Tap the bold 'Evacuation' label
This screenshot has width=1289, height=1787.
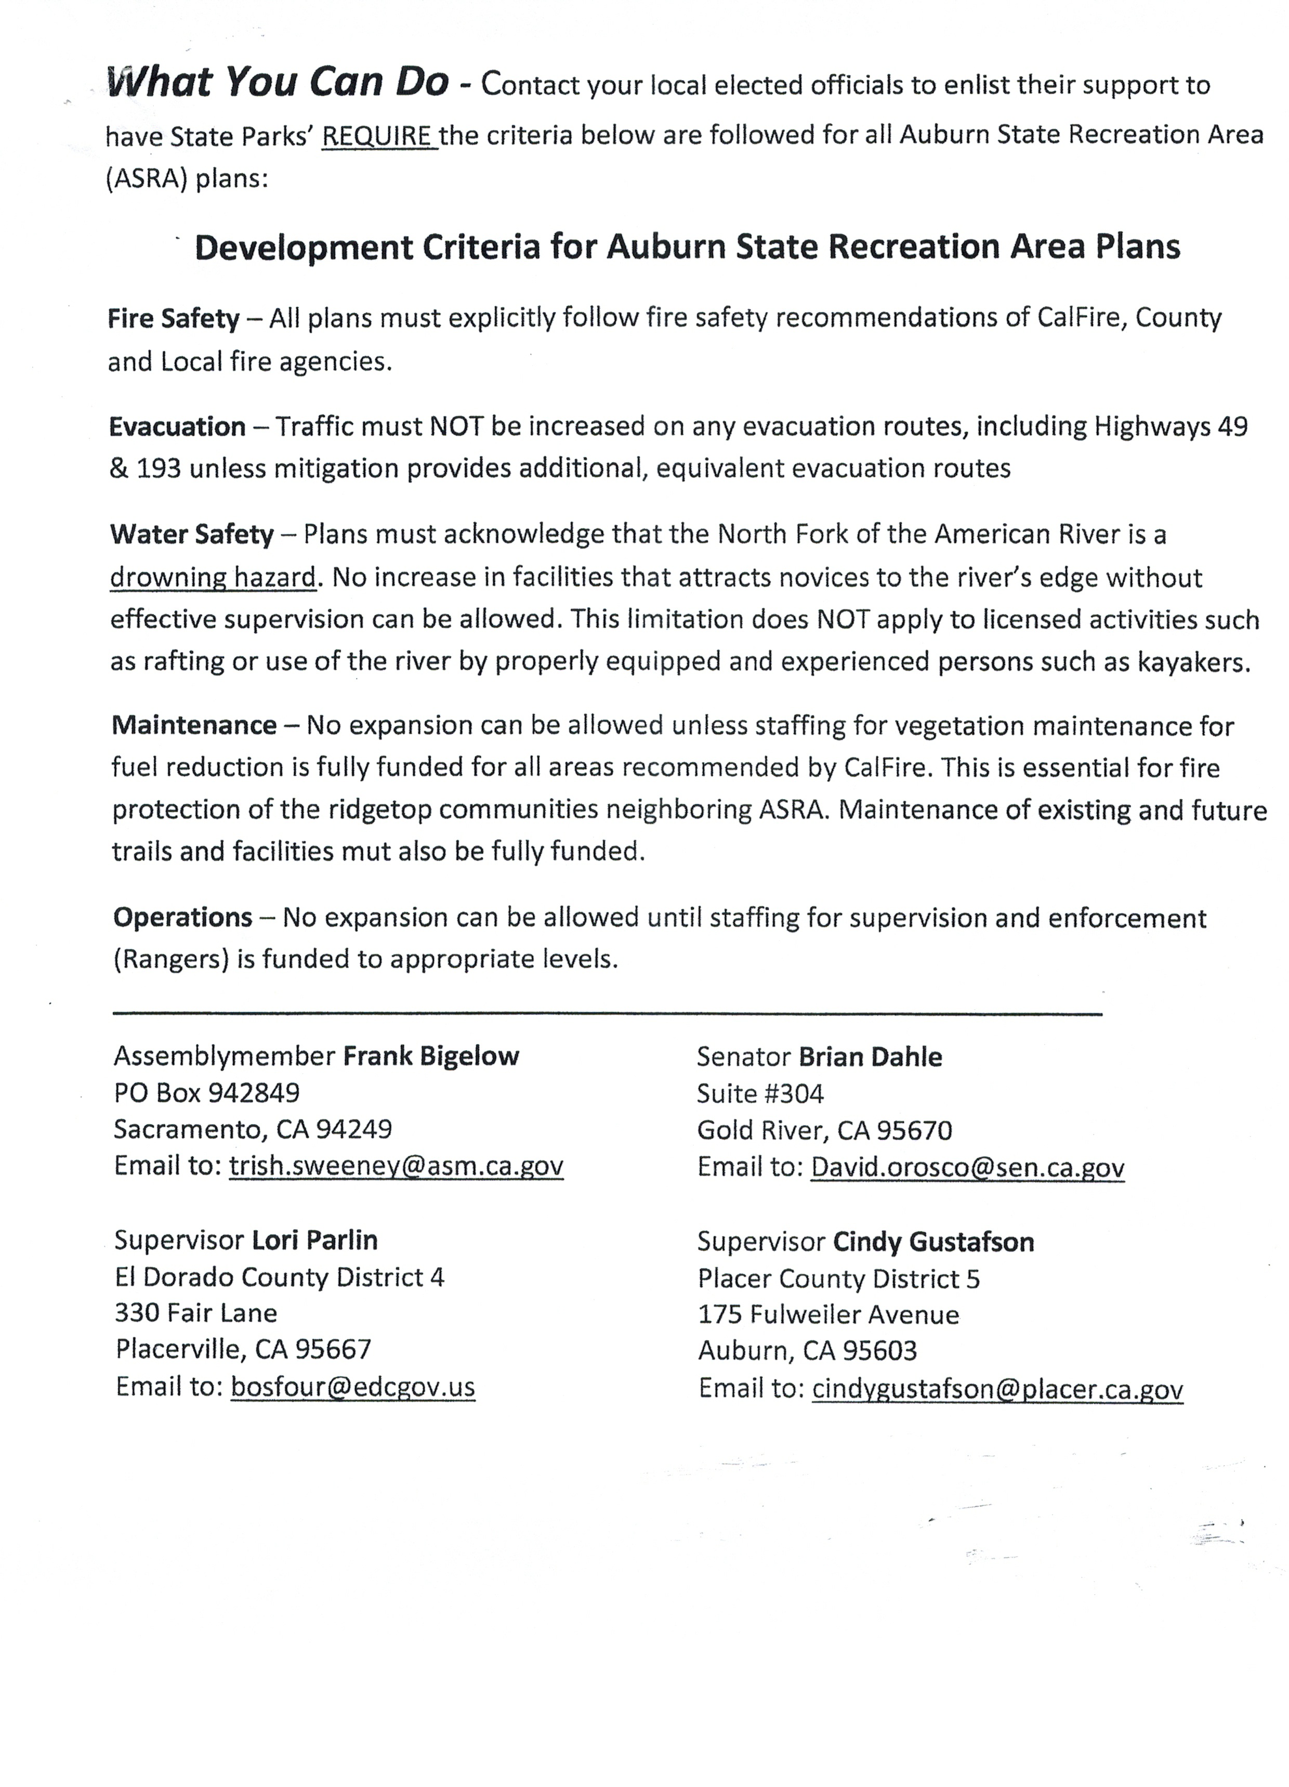(x=177, y=427)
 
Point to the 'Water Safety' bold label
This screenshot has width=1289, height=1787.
(x=191, y=535)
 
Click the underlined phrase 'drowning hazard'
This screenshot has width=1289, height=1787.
(x=213, y=578)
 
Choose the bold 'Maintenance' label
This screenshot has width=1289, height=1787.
(x=194, y=725)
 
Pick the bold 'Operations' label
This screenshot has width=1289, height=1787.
(x=183, y=917)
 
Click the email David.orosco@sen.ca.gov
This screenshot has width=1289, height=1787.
(x=968, y=1167)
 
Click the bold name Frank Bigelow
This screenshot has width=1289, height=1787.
(x=431, y=1056)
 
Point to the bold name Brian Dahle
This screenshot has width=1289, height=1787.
(x=871, y=1056)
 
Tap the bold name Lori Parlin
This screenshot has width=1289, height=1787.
(x=314, y=1240)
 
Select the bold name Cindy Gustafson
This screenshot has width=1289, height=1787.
(x=933, y=1242)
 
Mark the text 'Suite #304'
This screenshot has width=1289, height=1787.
(x=760, y=1093)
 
